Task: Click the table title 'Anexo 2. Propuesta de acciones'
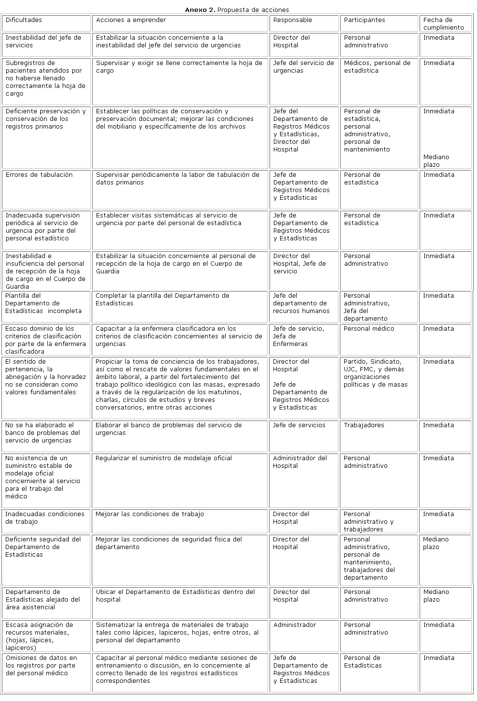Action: (x=237, y=10)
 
